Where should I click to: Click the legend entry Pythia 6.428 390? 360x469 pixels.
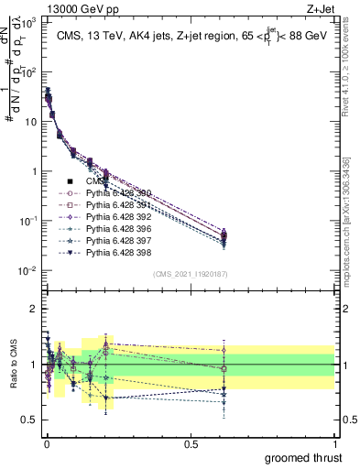click(x=111, y=193)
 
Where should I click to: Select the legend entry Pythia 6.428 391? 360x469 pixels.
click(x=111, y=205)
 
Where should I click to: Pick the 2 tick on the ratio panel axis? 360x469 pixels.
click(x=32, y=309)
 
